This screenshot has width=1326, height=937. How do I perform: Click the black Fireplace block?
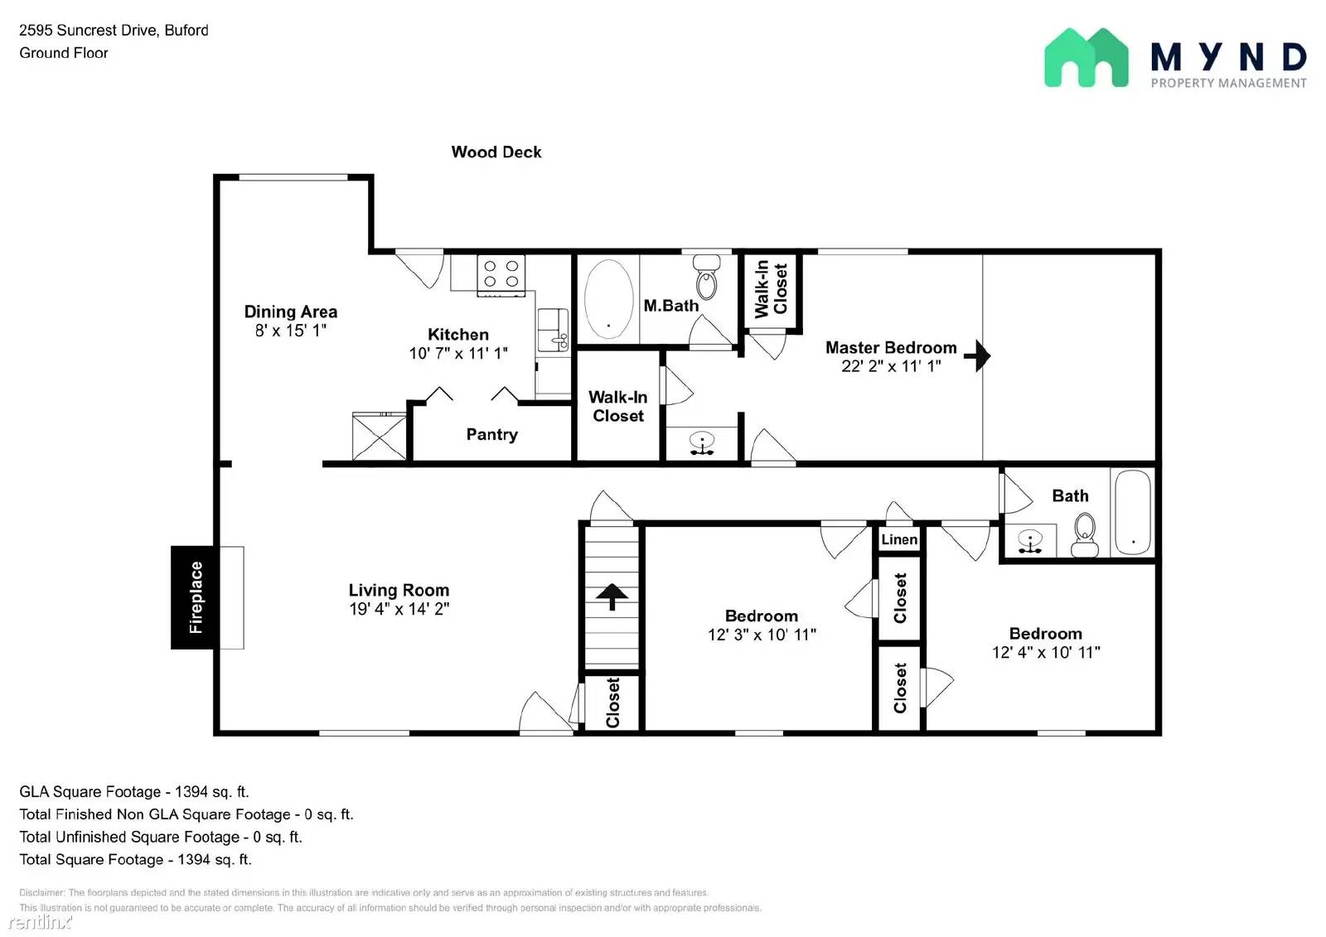coord(192,597)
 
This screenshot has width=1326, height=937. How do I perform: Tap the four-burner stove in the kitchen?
coord(501,275)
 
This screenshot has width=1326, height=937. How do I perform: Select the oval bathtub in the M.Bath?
coord(608,299)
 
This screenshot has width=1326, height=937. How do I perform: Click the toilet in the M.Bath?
coord(706,277)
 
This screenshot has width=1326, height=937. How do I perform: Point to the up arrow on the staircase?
coord(612,596)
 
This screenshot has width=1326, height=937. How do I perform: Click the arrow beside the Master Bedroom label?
coord(977,355)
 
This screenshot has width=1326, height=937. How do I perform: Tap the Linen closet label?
coord(899,539)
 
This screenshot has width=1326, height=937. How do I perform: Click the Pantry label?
coord(492,434)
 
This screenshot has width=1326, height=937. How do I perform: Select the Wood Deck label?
coord(496,152)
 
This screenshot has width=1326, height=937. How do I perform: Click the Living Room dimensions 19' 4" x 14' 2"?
coord(399,609)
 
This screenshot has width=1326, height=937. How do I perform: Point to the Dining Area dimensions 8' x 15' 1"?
coord(291,331)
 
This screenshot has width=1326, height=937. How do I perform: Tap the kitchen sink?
coord(553,330)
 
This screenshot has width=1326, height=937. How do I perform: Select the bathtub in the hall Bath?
coord(1132,513)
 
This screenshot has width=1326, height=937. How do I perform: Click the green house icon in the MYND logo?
coord(1086,57)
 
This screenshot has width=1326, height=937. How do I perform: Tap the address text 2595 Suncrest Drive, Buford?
coord(114,30)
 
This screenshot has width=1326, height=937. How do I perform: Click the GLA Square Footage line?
coord(133,791)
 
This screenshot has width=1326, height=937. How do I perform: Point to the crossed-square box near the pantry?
coord(379,437)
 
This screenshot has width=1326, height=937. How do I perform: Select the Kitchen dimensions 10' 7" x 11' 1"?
coord(458,354)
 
